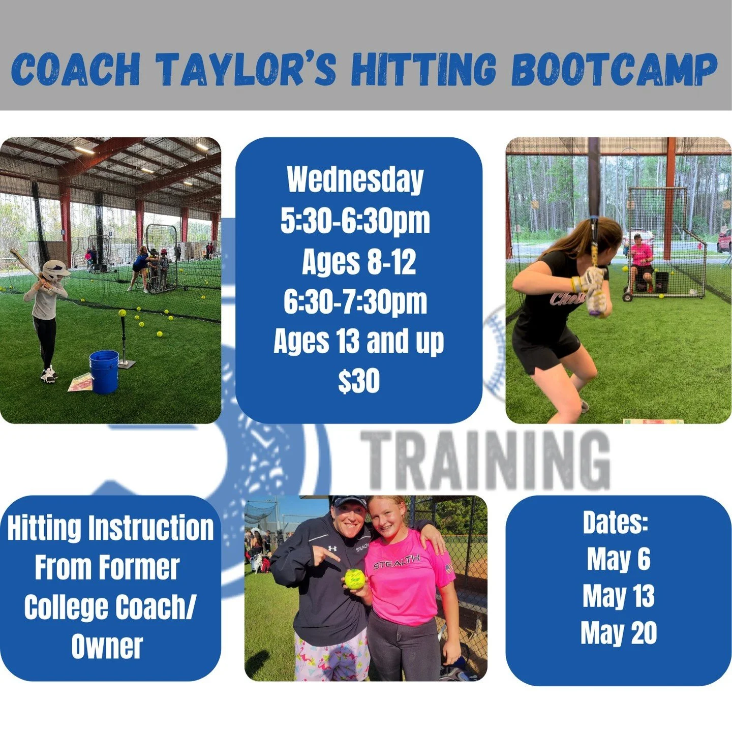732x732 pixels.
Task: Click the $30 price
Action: pyautogui.click(x=359, y=381)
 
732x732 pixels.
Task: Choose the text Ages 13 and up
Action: pyautogui.click(x=358, y=341)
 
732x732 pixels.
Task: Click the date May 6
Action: pyautogui.click(x=618, y=559)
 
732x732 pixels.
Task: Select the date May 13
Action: pyautogui.click(x=618, y=596)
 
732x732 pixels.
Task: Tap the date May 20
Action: pyautogui.click(x=618, y=633)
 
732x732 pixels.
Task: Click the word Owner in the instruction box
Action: pyautogui.click(x=107, y=647)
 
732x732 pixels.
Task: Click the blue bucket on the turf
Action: pyautogui.click(x=104, y=372)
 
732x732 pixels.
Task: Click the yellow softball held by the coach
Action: pyautogui.click(x=355, y=578)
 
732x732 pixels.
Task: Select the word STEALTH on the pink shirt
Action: pyautogui.click(x=396, y=563)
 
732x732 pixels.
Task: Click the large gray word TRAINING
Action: pyautogui.click(x=485, y=461)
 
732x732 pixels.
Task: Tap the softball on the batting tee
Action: pyautogui.click(x=122, y=313)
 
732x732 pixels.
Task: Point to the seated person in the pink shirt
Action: pyautogui.click(x=641, y=259)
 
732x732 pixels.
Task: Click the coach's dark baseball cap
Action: pyautogui.click(x=349, y=502)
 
